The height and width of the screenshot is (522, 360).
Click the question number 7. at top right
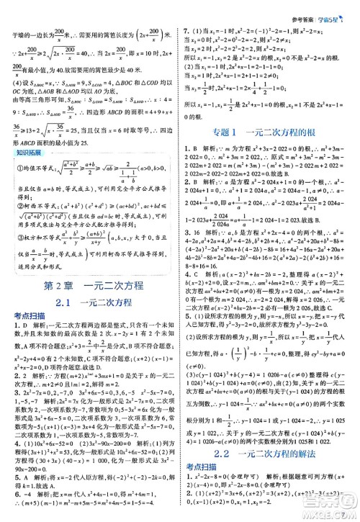(187, 32)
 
